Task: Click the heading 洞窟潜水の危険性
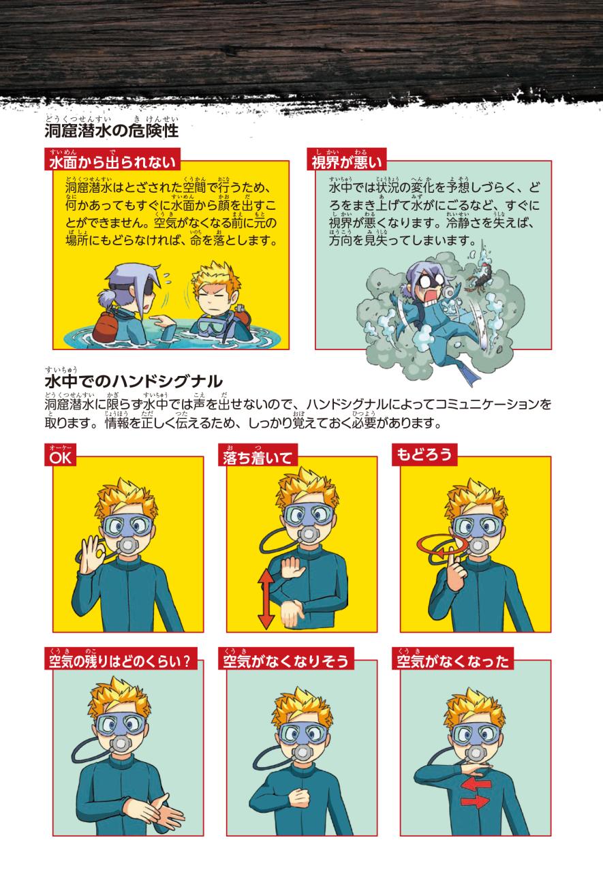pyautogui.click(x=111, y=131)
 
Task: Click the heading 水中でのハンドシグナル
pyautogui.click(x=134, y=381)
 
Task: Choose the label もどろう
pyautogui.click(x=424, y=454)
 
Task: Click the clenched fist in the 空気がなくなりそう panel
pyautogui.click(x=299, y=797)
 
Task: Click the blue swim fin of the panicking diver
pyautogui.click(x=468, y=375)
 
